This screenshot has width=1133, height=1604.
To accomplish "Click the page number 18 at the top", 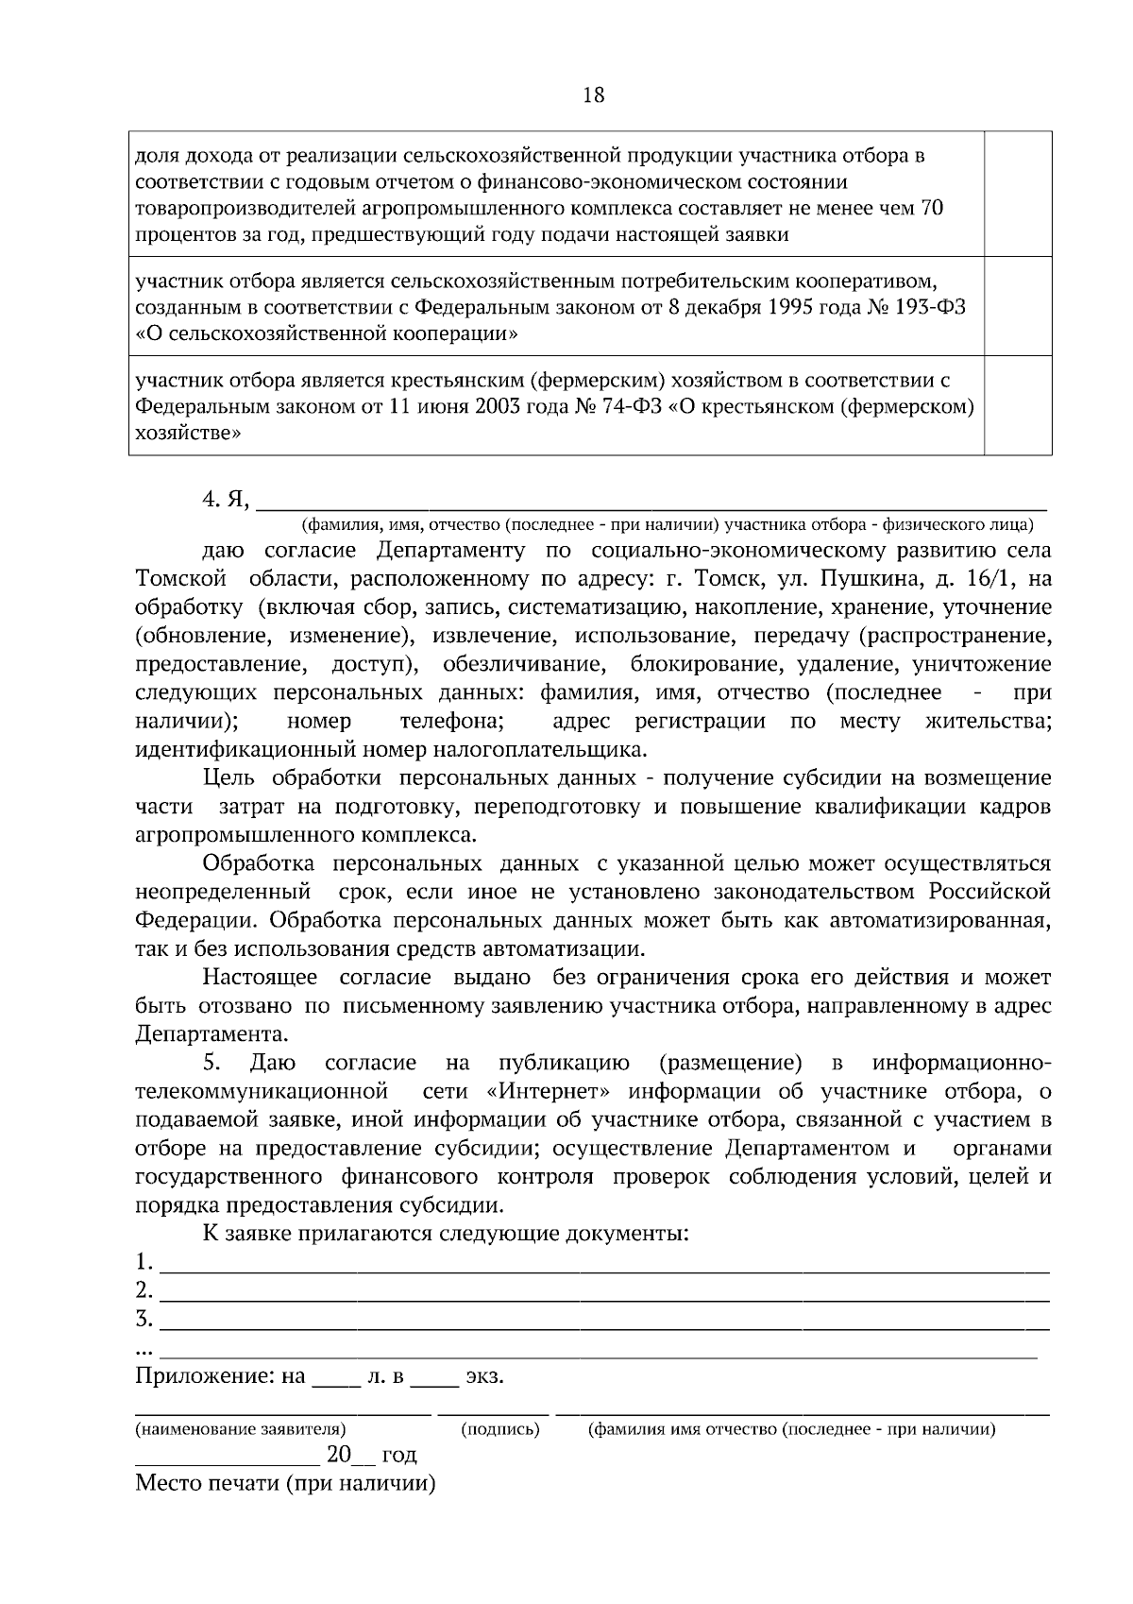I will [x=594, y=95].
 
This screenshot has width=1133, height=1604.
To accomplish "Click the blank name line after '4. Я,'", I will [x=651, y=502].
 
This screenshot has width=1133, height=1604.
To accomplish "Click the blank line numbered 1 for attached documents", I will [x=604, y=1263].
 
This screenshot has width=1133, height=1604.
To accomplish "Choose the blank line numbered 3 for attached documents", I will [x=604, y=1320].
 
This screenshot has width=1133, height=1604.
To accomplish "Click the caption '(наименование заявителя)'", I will [x=241, y=1430].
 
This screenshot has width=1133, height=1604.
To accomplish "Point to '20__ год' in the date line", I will [x=370, y=1456].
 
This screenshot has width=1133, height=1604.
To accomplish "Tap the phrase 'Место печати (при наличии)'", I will [x=285, y=1483].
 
